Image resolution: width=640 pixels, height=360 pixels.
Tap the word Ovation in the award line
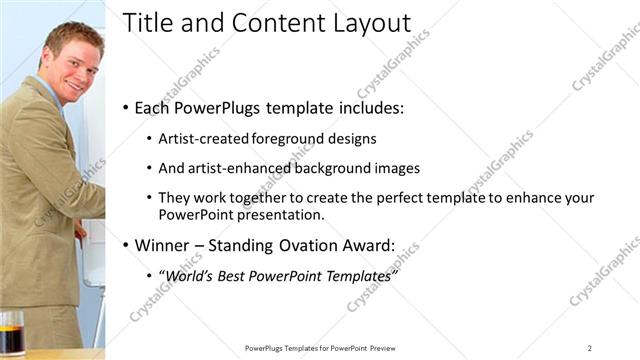306,244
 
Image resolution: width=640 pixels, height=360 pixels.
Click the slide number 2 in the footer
590,347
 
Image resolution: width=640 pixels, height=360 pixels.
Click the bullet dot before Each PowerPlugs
125,107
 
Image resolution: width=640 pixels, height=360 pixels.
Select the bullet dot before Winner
125,244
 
